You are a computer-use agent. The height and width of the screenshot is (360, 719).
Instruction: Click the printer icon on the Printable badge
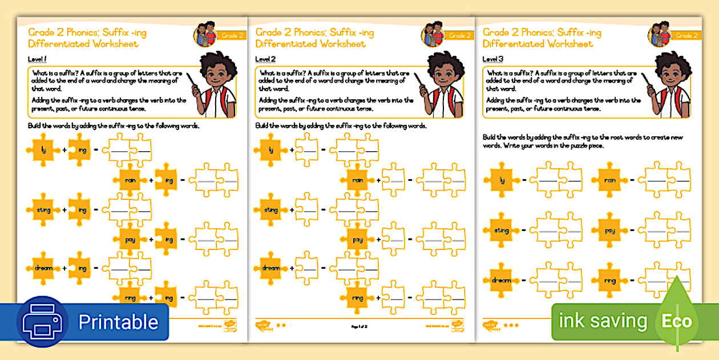[42, 322]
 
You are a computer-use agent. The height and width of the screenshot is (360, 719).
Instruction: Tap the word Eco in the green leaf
[676, 321]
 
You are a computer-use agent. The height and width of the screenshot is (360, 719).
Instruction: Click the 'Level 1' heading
[37, 59]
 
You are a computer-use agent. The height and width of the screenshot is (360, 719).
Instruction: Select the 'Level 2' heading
[265, 59]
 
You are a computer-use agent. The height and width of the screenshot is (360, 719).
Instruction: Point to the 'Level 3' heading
[493, 59]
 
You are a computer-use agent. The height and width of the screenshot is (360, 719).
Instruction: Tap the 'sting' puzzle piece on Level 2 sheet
[270, 210]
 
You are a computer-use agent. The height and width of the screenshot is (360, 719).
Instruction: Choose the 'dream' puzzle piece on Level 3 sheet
[499, 280]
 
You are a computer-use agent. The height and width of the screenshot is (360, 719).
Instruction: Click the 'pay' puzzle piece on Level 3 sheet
[610, 230]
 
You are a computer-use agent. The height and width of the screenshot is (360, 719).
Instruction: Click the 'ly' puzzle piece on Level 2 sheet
[270, 151]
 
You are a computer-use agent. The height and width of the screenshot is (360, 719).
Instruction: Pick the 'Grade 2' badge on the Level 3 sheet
[686, 35]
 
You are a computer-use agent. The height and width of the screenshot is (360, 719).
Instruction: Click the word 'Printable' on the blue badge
[118, 322]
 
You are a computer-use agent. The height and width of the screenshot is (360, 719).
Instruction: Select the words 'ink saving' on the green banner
[603, 321]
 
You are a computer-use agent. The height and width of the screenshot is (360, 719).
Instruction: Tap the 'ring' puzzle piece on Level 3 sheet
[610, 280]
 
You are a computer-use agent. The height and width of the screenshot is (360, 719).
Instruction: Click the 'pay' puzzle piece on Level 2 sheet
[358, 240]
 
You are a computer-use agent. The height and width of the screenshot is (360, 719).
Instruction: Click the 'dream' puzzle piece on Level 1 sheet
[43, 268]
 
